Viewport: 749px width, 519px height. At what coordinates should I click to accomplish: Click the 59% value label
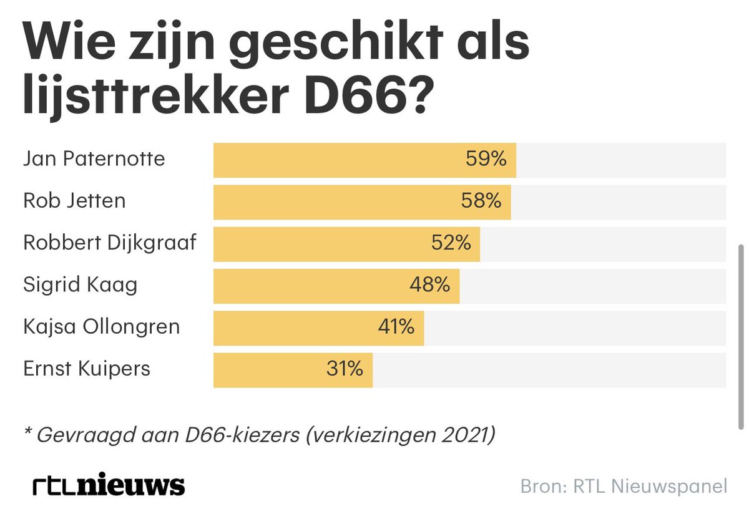point(486,160)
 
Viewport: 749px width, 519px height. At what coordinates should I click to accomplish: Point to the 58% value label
point(481,201)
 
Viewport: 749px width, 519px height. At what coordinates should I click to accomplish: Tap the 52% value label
point(451,243)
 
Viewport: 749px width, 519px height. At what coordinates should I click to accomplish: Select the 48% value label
point(429,286)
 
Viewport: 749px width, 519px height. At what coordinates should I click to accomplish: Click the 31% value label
point(344,369)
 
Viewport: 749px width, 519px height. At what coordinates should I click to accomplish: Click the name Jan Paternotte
point(94,159)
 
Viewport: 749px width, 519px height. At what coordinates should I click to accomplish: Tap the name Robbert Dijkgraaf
point(110,243)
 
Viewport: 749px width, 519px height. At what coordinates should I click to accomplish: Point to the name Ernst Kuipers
point(87,369)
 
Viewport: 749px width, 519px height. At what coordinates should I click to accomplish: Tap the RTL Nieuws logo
point(109,486)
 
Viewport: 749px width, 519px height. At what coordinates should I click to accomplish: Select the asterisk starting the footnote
point(27,432)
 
